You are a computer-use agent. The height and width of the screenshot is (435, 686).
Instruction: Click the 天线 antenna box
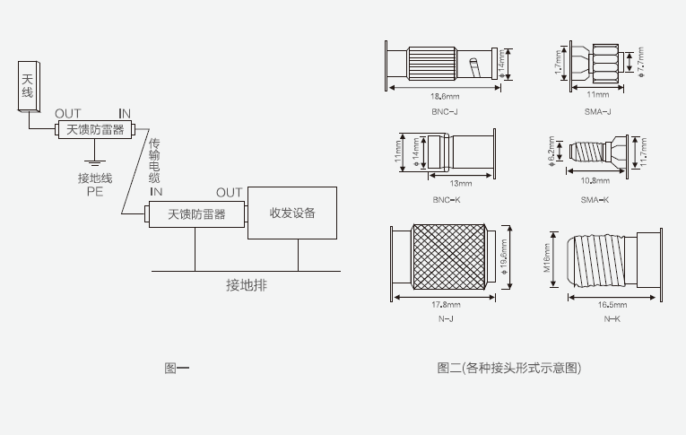[x=27, y=86]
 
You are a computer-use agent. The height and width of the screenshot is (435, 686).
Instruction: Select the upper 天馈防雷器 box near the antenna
[x=94, y=130]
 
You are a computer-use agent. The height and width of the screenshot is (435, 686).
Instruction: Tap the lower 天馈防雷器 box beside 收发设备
[x=195, y=214]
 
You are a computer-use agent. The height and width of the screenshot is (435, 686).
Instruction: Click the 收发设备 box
[x=291, y=213]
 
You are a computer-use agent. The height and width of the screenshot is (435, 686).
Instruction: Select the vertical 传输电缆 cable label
[x=155, y=161]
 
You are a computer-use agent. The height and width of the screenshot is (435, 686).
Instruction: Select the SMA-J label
[x=596, y=112]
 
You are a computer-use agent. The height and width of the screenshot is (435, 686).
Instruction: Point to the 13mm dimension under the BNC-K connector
[x=460, y=183]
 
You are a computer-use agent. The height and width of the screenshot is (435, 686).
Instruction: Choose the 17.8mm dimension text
[x=446, y=305]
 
